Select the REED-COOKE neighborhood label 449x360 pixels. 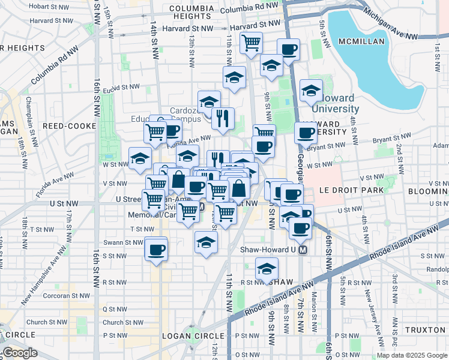tap(65, 126)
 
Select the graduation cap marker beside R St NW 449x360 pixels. tap(267, 269)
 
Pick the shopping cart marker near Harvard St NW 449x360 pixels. tap(250, 43)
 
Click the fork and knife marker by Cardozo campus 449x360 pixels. tap(223, 119)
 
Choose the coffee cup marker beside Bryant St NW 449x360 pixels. tap(306, 133)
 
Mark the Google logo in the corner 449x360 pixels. tap(20, 353)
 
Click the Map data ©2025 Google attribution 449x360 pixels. tap(411, 355)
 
